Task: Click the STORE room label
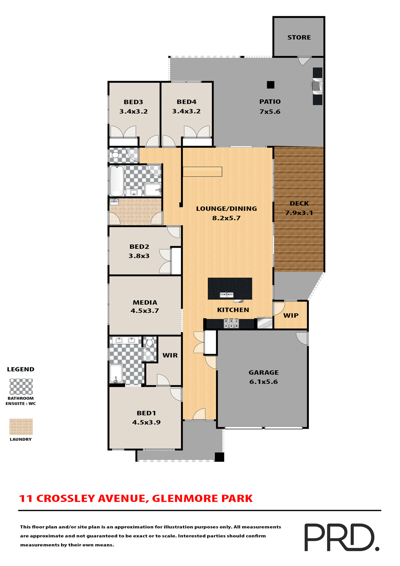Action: pos(299,37)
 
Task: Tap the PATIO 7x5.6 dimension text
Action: pos(270,112)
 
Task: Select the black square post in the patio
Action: pos(270,85)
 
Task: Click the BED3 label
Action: pos(133,102)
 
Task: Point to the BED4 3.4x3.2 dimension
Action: pos(186,111)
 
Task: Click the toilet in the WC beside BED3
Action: pos(114,155)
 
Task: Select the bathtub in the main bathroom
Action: pos(117,180)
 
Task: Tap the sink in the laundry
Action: pos(114,202)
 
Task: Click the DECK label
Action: pos(299,203)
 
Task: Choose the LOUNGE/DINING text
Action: pos(226,209)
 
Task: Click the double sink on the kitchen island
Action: pos(226,295)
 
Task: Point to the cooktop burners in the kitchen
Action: pos(231,323)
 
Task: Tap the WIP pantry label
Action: pos(291,315)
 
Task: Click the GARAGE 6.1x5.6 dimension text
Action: pos(263,382)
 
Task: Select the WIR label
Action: pos(170,356)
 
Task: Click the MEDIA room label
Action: pos(145,302)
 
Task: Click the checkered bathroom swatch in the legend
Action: pos(21,386)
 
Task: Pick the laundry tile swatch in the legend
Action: pos(21,427)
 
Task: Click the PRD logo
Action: pos(341,537)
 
